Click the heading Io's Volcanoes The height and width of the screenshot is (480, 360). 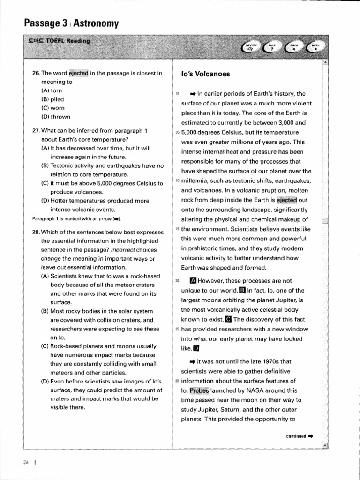pyautogui.click(x=206, y=74)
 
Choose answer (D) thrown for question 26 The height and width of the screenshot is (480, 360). pyautogui.click(x=56, y=117)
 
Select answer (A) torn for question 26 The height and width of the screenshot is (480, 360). pyautogui.click(x=52, y=90)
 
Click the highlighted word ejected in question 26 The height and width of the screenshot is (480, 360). pyautogui.click(x=78, y=73)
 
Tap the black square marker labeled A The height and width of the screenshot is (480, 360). pyautogui.click(x=193, y=281)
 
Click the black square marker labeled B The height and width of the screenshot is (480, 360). pyautogui.click(x=242, y=290)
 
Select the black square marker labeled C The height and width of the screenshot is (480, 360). pyautogui.click(x=229, y=320)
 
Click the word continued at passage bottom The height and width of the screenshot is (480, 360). pyautogui.click(x=296, y=436)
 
